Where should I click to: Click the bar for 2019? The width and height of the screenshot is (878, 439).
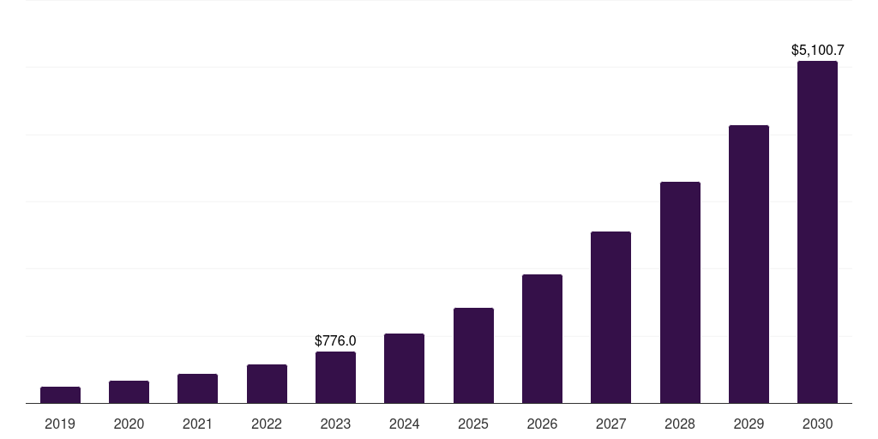coord(60,395)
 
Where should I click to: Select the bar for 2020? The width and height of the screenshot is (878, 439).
coord(129,392)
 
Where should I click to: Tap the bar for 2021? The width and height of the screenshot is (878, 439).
coord(197,388)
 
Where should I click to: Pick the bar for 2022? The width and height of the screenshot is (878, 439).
coord(267,384)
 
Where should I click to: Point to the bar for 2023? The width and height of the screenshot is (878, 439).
coord(335,377)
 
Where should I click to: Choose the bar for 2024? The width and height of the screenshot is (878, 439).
coord(404,369)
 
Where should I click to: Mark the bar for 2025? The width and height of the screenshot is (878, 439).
coord(473,356)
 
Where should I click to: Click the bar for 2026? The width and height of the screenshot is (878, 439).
coord(542,339)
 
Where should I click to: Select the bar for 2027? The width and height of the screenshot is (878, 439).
coord(610,317)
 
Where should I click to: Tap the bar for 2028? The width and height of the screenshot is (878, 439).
coord(680,292)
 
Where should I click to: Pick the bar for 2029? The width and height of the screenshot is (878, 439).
coord(749,264)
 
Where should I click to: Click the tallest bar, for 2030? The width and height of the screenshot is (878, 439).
coord(817,232)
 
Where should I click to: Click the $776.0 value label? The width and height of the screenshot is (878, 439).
coord(335,341)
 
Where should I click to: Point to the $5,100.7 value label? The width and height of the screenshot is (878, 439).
coord(817,51)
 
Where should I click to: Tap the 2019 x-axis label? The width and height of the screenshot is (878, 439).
coord(60,424)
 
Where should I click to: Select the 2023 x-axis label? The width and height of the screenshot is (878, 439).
coord(335,424)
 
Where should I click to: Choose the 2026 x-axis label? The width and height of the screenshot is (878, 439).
coord(542,424)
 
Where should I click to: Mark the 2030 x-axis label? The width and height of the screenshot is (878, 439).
coord(817,424)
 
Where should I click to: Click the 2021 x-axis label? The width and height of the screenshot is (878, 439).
coord(197,424)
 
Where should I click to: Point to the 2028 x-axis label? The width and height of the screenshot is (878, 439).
coord(680,424)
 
